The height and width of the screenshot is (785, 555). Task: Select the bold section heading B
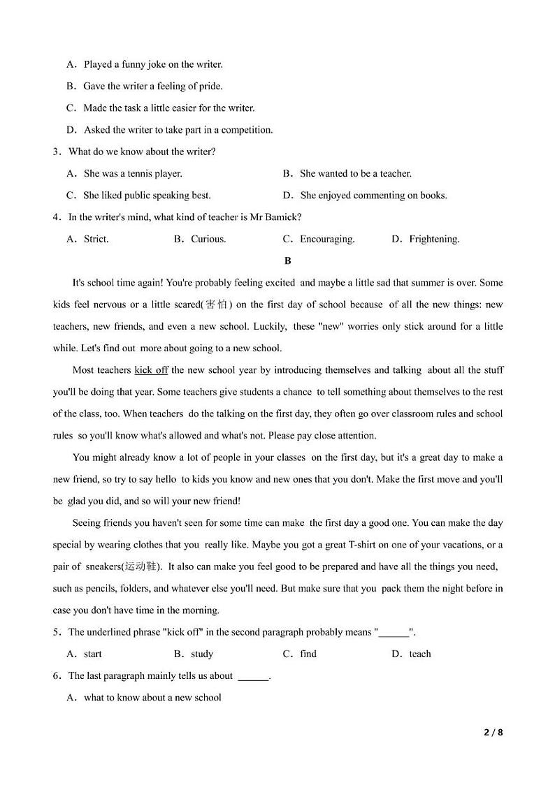click(287, 261)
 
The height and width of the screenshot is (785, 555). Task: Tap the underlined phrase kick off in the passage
click(151, 370)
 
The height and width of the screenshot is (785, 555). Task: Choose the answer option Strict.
click(96, 239)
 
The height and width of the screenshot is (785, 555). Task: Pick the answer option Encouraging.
click(327, 239)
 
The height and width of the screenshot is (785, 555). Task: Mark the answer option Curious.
click(208, 239)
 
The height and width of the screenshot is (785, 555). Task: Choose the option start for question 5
click(92, 654)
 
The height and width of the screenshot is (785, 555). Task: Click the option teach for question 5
click(420, 654)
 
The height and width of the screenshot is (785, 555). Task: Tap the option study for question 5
click(202, 654)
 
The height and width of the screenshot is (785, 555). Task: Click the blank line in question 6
click(253, 676)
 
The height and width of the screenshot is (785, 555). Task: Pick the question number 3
click(56, 152)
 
